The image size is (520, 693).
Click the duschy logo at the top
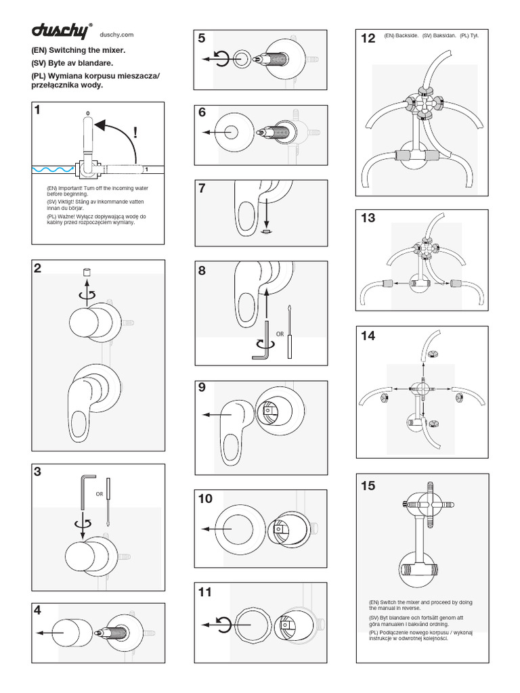tap(63, 30)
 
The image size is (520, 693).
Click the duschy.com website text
tap(116, 35)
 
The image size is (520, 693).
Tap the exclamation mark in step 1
tap(135, 133)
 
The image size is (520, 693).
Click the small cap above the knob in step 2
tap(86, 273)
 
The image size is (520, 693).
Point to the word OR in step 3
tap(99, 494)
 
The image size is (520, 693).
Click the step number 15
tap(368, 486)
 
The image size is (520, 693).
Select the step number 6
tap(202, 113)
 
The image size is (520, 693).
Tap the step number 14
tap(368, 336)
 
